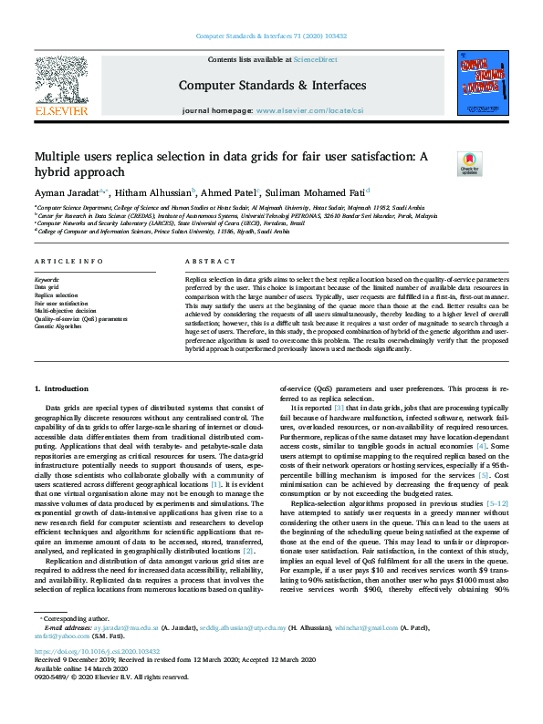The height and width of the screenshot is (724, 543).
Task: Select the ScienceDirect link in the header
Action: pyautogui.click(x=315, y=59)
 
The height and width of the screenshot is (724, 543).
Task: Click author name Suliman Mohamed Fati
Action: pyautogui.click(x=317, y=193)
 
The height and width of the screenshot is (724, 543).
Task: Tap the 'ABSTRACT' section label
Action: pyautogui.click(x=204, y=262)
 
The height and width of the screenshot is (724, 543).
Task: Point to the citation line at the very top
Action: pyautogui.click(x=271, y=36)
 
